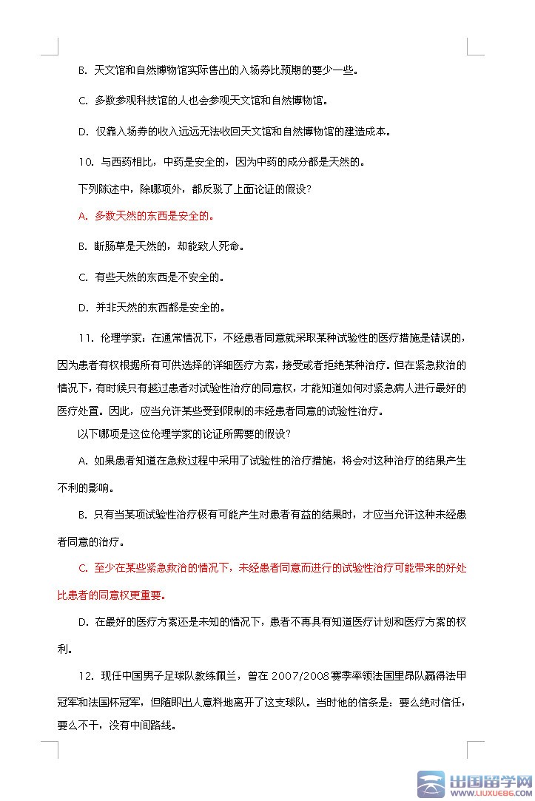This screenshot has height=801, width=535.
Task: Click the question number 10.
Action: [x=85, y=161]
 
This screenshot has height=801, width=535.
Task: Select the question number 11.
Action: [x=86, y=338]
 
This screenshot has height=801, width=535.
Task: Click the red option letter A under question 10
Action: [x=82, y=217]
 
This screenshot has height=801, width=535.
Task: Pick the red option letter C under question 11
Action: [x=83, y=568]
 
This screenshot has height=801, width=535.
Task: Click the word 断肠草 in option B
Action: [x=112, y=246]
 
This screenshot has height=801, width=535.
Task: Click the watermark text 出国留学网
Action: [x=491, y=781]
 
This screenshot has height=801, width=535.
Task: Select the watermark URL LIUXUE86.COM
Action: [x=491, y=793]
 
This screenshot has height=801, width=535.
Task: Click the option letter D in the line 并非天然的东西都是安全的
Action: [x=83, y=307]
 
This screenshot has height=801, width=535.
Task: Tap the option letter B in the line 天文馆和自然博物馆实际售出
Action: [x=82, y=71]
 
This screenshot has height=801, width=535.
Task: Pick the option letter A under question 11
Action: [x=82, y=460]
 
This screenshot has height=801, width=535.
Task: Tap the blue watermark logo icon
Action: [x=431, y=785]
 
